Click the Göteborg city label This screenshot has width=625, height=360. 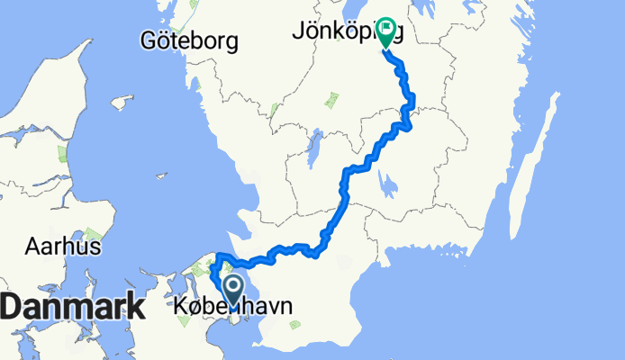(189, 40)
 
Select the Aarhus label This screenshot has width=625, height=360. (62, 246)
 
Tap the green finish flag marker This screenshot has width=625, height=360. (385, 32)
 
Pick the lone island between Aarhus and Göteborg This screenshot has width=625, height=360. (121, 103)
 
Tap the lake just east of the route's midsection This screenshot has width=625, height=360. (389, 186)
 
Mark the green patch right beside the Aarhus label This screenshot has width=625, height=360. (93, 236)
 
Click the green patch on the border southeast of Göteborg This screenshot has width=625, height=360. (275, 110)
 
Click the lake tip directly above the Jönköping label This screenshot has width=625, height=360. (393, 9)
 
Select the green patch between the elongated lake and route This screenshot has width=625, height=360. (331, 96)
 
